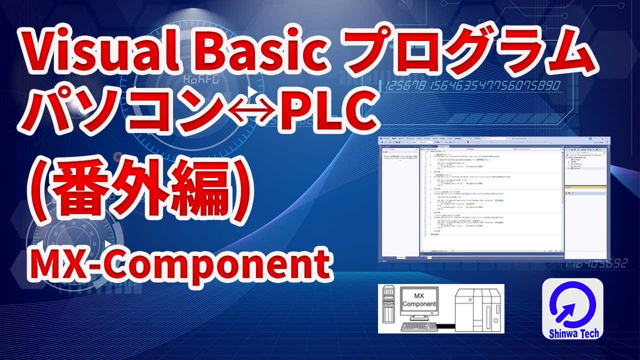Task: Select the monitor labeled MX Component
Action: [x=418, y=301]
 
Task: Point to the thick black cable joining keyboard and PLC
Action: [x=445, y=327]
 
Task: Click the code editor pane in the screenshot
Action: [x=492, y=200]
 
